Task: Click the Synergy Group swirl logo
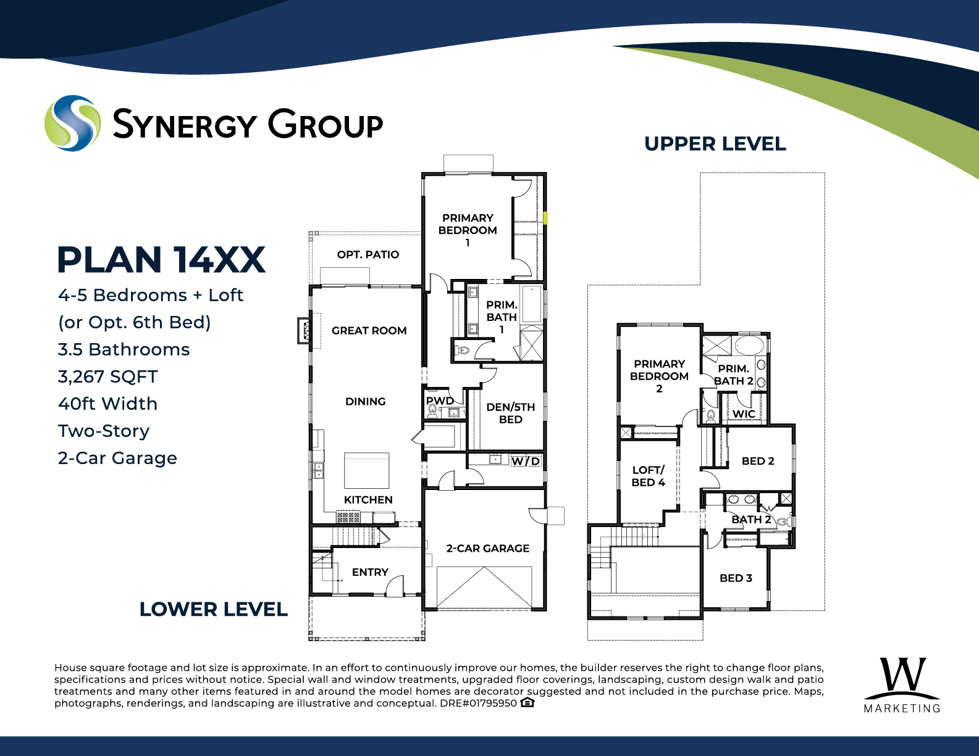[72, 123]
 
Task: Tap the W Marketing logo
[902, 685]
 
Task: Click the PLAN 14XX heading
[161, 260]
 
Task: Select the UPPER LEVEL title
[715, 144]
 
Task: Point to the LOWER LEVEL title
[214, 609]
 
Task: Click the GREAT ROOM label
[369, 331]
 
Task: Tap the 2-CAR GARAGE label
[488, 548]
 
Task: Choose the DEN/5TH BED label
[510, 413]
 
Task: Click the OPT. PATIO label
[368, 255]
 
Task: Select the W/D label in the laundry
[525, 461]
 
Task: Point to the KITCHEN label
[368, 499]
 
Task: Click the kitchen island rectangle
[366, 471]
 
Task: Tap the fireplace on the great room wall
[304, 331]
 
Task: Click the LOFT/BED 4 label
[649, 476]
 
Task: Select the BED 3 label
[736, 578]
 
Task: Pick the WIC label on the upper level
[744, 414]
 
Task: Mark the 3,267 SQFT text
[107, 376]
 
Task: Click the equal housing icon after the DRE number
[527, 702]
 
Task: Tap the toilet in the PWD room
[433, 411]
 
